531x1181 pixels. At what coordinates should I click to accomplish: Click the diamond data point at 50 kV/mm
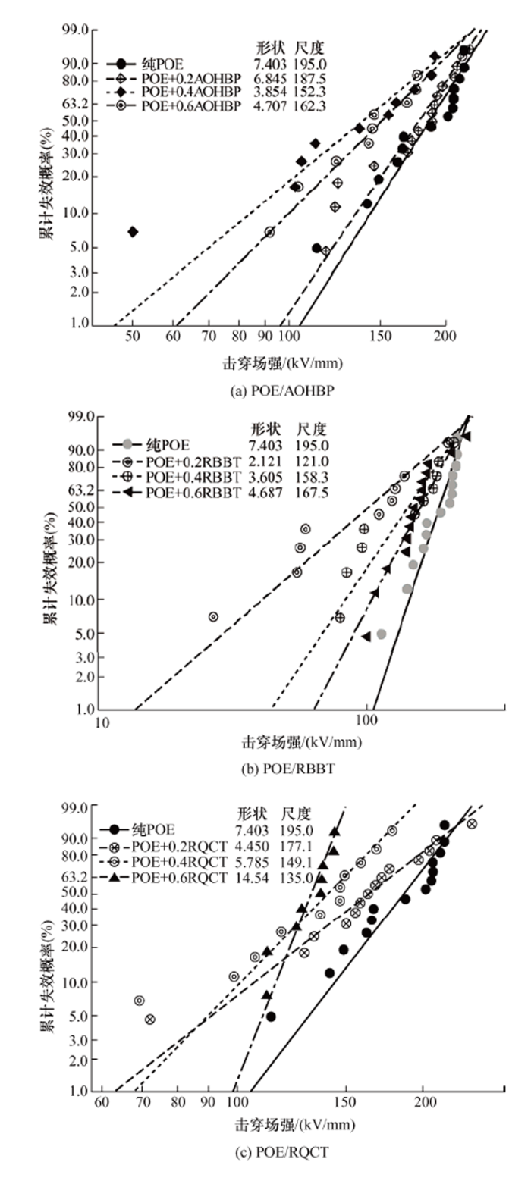click(x=133, y=231)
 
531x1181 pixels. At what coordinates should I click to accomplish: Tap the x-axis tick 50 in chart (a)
click(x=133, y=337)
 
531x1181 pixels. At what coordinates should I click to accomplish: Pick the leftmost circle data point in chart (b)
click(x=213, y=616)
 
